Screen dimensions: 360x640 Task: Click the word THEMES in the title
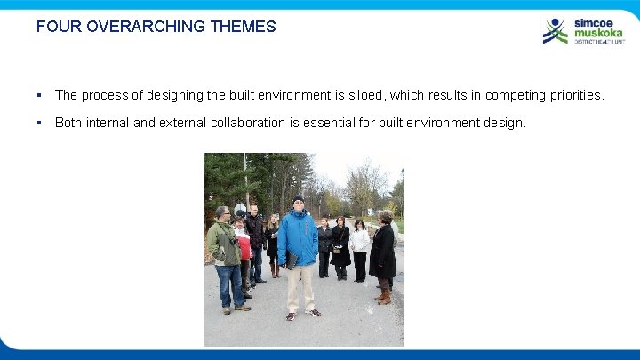coord(244,27)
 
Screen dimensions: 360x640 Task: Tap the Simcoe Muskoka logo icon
coord(555,31)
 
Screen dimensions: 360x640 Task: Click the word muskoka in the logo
coord(597,32)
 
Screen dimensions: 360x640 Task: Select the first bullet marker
coord(40,95)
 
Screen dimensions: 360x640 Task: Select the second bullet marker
coord(40,123)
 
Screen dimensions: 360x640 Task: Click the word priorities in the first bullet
coord(572,95)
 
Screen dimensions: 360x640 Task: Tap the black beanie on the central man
coord(299,200)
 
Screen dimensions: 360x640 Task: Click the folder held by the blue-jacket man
coord(291,260)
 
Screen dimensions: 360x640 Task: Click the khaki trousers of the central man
coord(300,286)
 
